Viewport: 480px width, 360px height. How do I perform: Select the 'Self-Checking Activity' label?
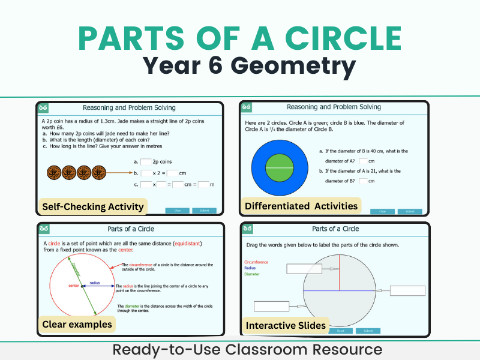[93, 207]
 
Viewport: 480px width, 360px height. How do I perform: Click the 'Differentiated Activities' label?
[301, 206]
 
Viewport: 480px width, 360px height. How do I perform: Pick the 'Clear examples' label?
[77, 325]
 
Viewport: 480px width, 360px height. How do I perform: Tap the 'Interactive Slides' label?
[286, 326]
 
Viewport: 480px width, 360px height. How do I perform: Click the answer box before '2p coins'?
[146, 162]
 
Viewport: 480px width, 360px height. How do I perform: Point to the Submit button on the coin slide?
[205, 211]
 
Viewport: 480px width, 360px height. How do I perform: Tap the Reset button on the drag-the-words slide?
[340, 331]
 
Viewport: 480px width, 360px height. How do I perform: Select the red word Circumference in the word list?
[256, 262]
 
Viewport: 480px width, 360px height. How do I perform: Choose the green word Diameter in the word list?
[253, 274]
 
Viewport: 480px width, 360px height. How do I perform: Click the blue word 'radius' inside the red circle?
[95, 283]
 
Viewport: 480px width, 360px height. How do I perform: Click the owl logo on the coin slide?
[43, 108]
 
